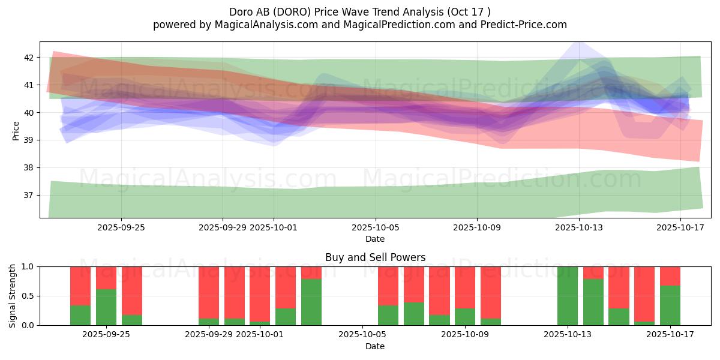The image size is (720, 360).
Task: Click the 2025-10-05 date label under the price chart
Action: pos(376,227)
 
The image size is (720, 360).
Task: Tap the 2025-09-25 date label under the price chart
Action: pos(121,227)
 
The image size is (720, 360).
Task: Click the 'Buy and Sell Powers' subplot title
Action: pos(375,257)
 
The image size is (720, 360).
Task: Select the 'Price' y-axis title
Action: pos(16,131)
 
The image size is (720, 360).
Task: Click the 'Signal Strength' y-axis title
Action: pos(13,296)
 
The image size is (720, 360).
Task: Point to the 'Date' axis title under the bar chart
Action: pos(375,346)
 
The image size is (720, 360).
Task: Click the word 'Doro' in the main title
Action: pos(241,11)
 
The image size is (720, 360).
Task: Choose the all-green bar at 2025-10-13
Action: pos(568,296)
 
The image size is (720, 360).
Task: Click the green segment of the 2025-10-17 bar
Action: pos(670,305)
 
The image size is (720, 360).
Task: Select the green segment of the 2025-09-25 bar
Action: pos(106,307)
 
